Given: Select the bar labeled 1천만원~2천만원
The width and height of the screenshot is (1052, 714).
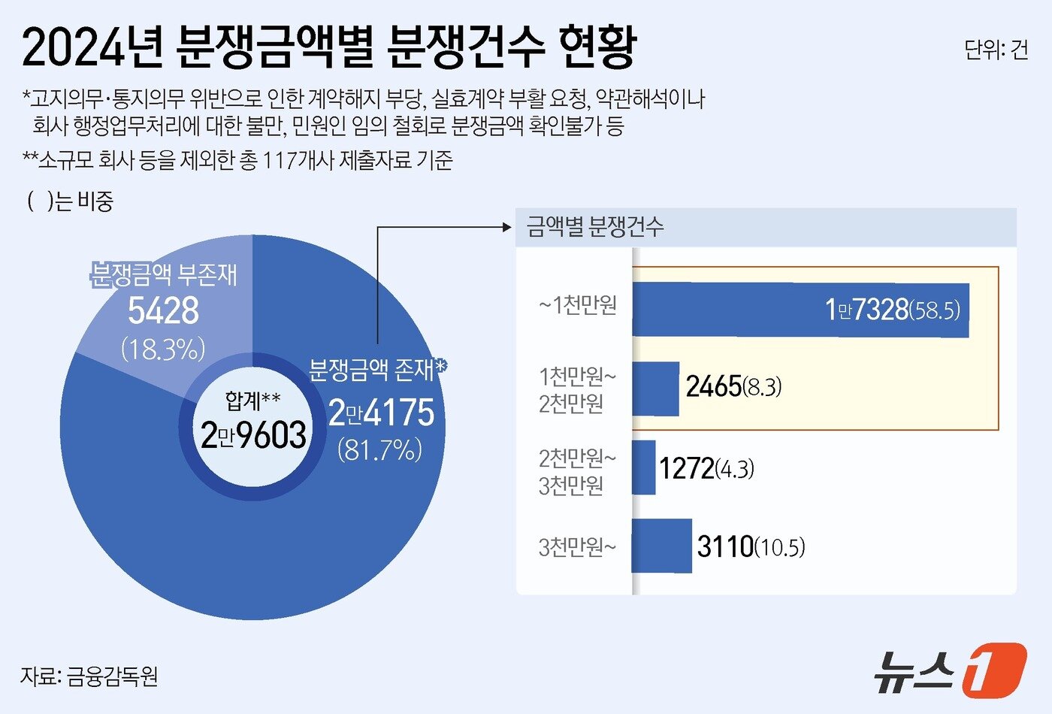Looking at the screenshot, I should [655, 389].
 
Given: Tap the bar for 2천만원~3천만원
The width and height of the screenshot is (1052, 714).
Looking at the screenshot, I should [643, 467].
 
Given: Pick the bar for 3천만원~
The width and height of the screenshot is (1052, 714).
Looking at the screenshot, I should [661, 546].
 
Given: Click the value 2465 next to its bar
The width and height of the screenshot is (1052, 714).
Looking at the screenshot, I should [714, 387].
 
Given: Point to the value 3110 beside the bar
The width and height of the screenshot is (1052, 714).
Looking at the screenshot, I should [725, 546].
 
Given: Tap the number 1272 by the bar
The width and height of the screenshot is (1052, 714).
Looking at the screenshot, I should [686, 468].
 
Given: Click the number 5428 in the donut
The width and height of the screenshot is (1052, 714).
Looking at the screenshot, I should [163, 310].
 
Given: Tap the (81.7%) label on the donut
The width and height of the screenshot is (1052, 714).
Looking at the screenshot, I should [379, 449].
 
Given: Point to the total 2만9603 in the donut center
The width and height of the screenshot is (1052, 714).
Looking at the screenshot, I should [253, 435].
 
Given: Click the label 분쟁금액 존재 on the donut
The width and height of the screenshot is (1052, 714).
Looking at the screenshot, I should [372, 369].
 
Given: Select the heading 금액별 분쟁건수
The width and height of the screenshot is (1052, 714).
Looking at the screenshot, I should [594, 226].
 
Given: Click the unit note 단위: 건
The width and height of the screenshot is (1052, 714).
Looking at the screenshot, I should [996, 50].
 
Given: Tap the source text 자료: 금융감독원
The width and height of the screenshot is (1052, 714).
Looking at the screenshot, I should [89, 676].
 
